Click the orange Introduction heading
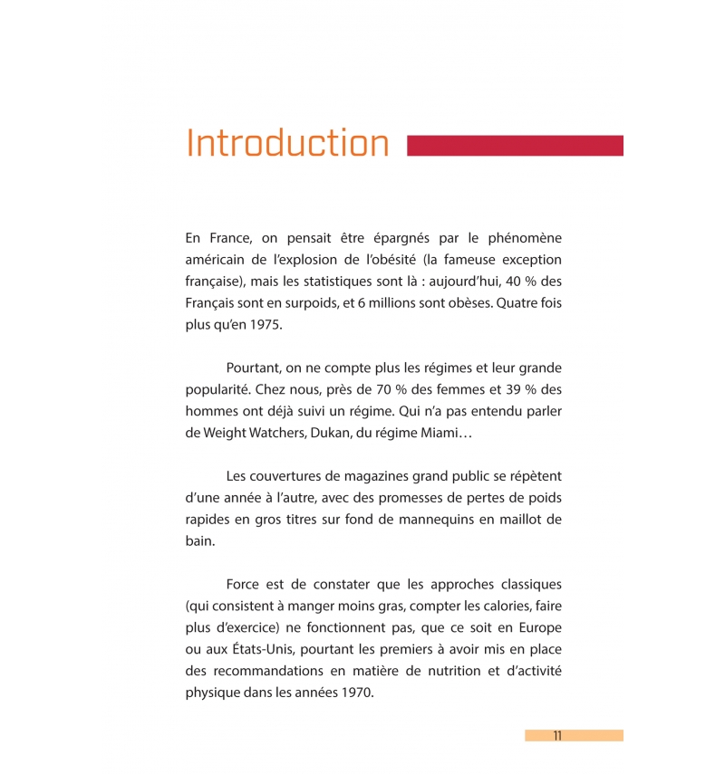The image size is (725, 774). (x=287, y=145)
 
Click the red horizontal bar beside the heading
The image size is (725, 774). (x=515, y=146)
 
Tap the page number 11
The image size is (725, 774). (x=557, y=736)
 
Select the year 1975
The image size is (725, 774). (x=266, y=325)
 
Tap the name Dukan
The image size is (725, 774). (x=332, y=434)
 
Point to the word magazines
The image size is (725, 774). (x=344, y=475)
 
